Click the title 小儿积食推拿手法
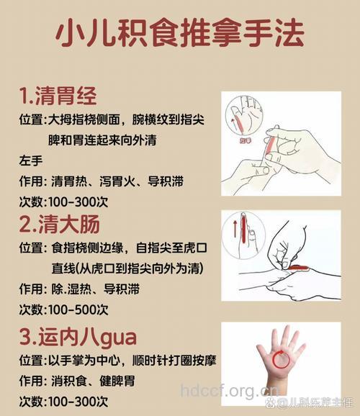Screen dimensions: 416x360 click(179, 32)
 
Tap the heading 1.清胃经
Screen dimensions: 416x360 click(58, 96)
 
